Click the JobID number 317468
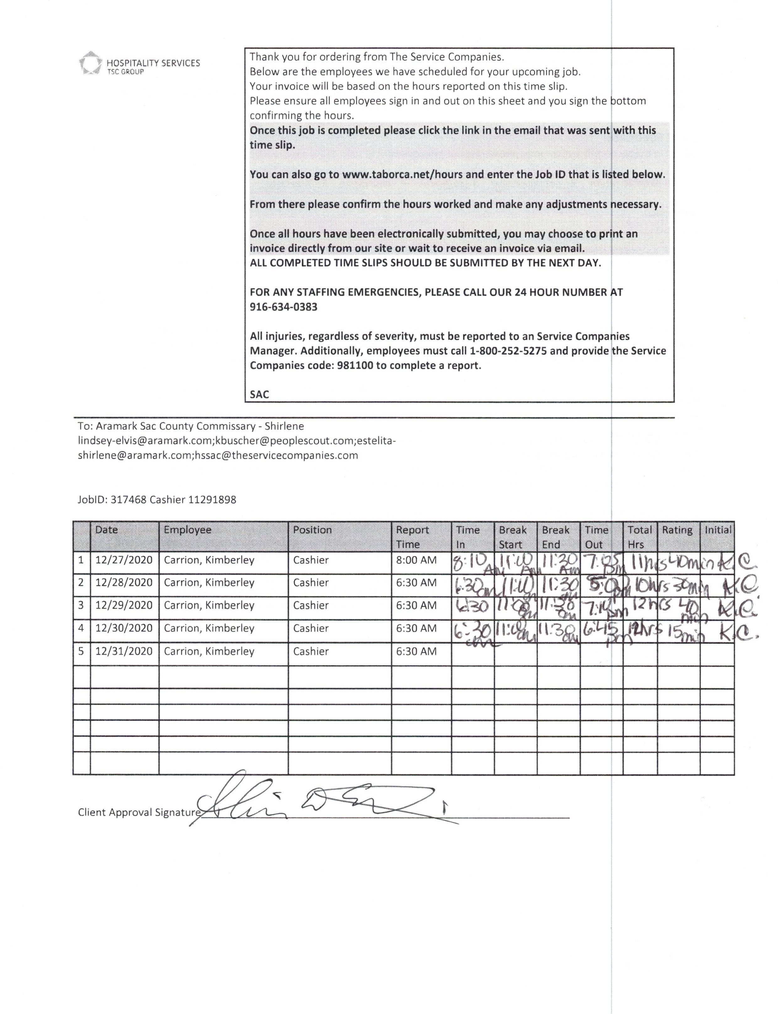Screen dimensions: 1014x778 (128, 500)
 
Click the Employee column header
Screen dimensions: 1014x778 (188, 530)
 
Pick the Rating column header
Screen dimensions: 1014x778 (677, 530)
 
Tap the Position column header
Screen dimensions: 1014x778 (312, 530)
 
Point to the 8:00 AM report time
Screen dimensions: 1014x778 (416, 560)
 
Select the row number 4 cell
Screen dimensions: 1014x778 (81, 628)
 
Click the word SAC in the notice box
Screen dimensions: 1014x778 (259, 394)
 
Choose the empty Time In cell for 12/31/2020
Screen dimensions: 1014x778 (472, 654)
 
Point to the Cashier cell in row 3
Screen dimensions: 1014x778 (311, 605)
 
